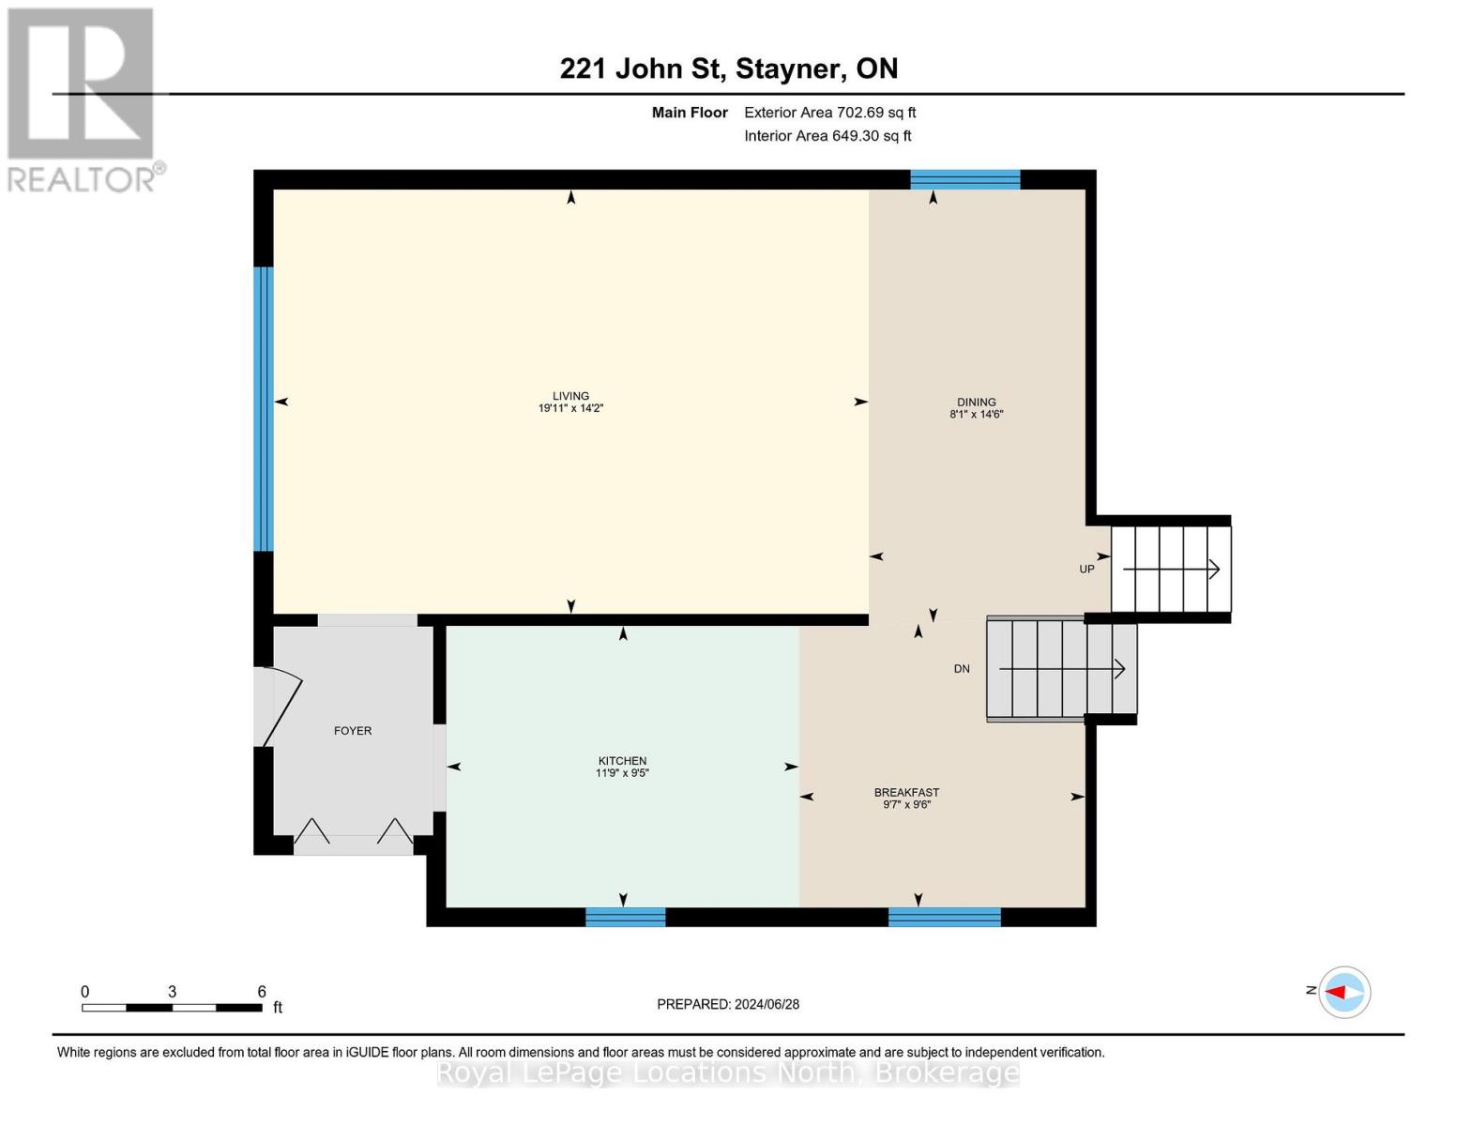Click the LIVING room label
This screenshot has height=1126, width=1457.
pyautogui.click(x=570, y=396)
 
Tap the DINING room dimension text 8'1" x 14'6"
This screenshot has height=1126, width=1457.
pyautogui.click(x=976, y=414)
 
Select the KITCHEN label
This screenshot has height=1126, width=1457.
pyautogui.click(x=622, y=761)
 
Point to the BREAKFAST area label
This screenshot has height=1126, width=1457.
pyautogui.click(x=906, y=793)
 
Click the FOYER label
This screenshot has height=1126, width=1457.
pyautogui.click(x=353, y=731)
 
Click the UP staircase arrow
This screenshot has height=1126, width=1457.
pyautogui.click(x=1171, y=569)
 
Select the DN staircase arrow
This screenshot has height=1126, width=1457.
pyautogui.click(x=1061, y=669)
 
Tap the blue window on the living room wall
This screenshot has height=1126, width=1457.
pyautogui.click(x=264, y=408)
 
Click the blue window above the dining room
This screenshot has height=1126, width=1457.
pyautogui.click(x=964, y=179)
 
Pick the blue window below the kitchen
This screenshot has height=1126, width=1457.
pyautogui.click(x=625, y=917)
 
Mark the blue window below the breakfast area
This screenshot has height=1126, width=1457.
pyautogui.click(x=944, y=917)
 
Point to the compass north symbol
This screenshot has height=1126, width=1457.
pyautogui.click(x=1343, y=992)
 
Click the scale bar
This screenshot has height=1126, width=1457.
pyautogui.click(x=172, y=1008)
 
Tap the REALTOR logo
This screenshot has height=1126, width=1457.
pyautogui.click(x=83, y=99)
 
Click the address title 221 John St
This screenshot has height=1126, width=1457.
pyautogui.click(x=728, y=68)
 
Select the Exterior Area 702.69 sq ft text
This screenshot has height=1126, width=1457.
pyautogui.click(x=829, y=113)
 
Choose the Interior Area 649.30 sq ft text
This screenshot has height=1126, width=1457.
pyautogui.click(x=827, y=136)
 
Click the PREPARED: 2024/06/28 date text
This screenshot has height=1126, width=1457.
pyautogui.click(x=728, y=1004)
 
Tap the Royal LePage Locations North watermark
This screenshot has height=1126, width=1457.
pyautogui.click(x=728, y=1073)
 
